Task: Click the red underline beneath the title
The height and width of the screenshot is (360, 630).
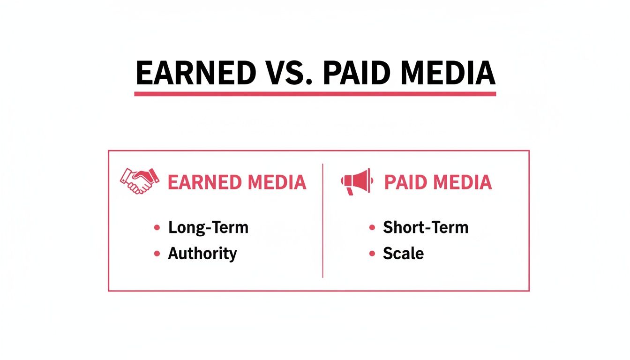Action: (315, 94)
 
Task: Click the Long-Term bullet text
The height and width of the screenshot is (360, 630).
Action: (208, 228)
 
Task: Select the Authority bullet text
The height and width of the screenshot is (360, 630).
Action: (202, 254)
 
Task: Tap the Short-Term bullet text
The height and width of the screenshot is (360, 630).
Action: (426, 228)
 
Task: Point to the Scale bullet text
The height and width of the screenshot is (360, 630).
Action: (403, 254)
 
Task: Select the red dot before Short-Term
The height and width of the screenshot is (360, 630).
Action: (372, 228)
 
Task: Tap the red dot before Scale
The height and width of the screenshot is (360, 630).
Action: (372, 254)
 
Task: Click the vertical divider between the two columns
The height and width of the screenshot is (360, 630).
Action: (323, 220)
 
